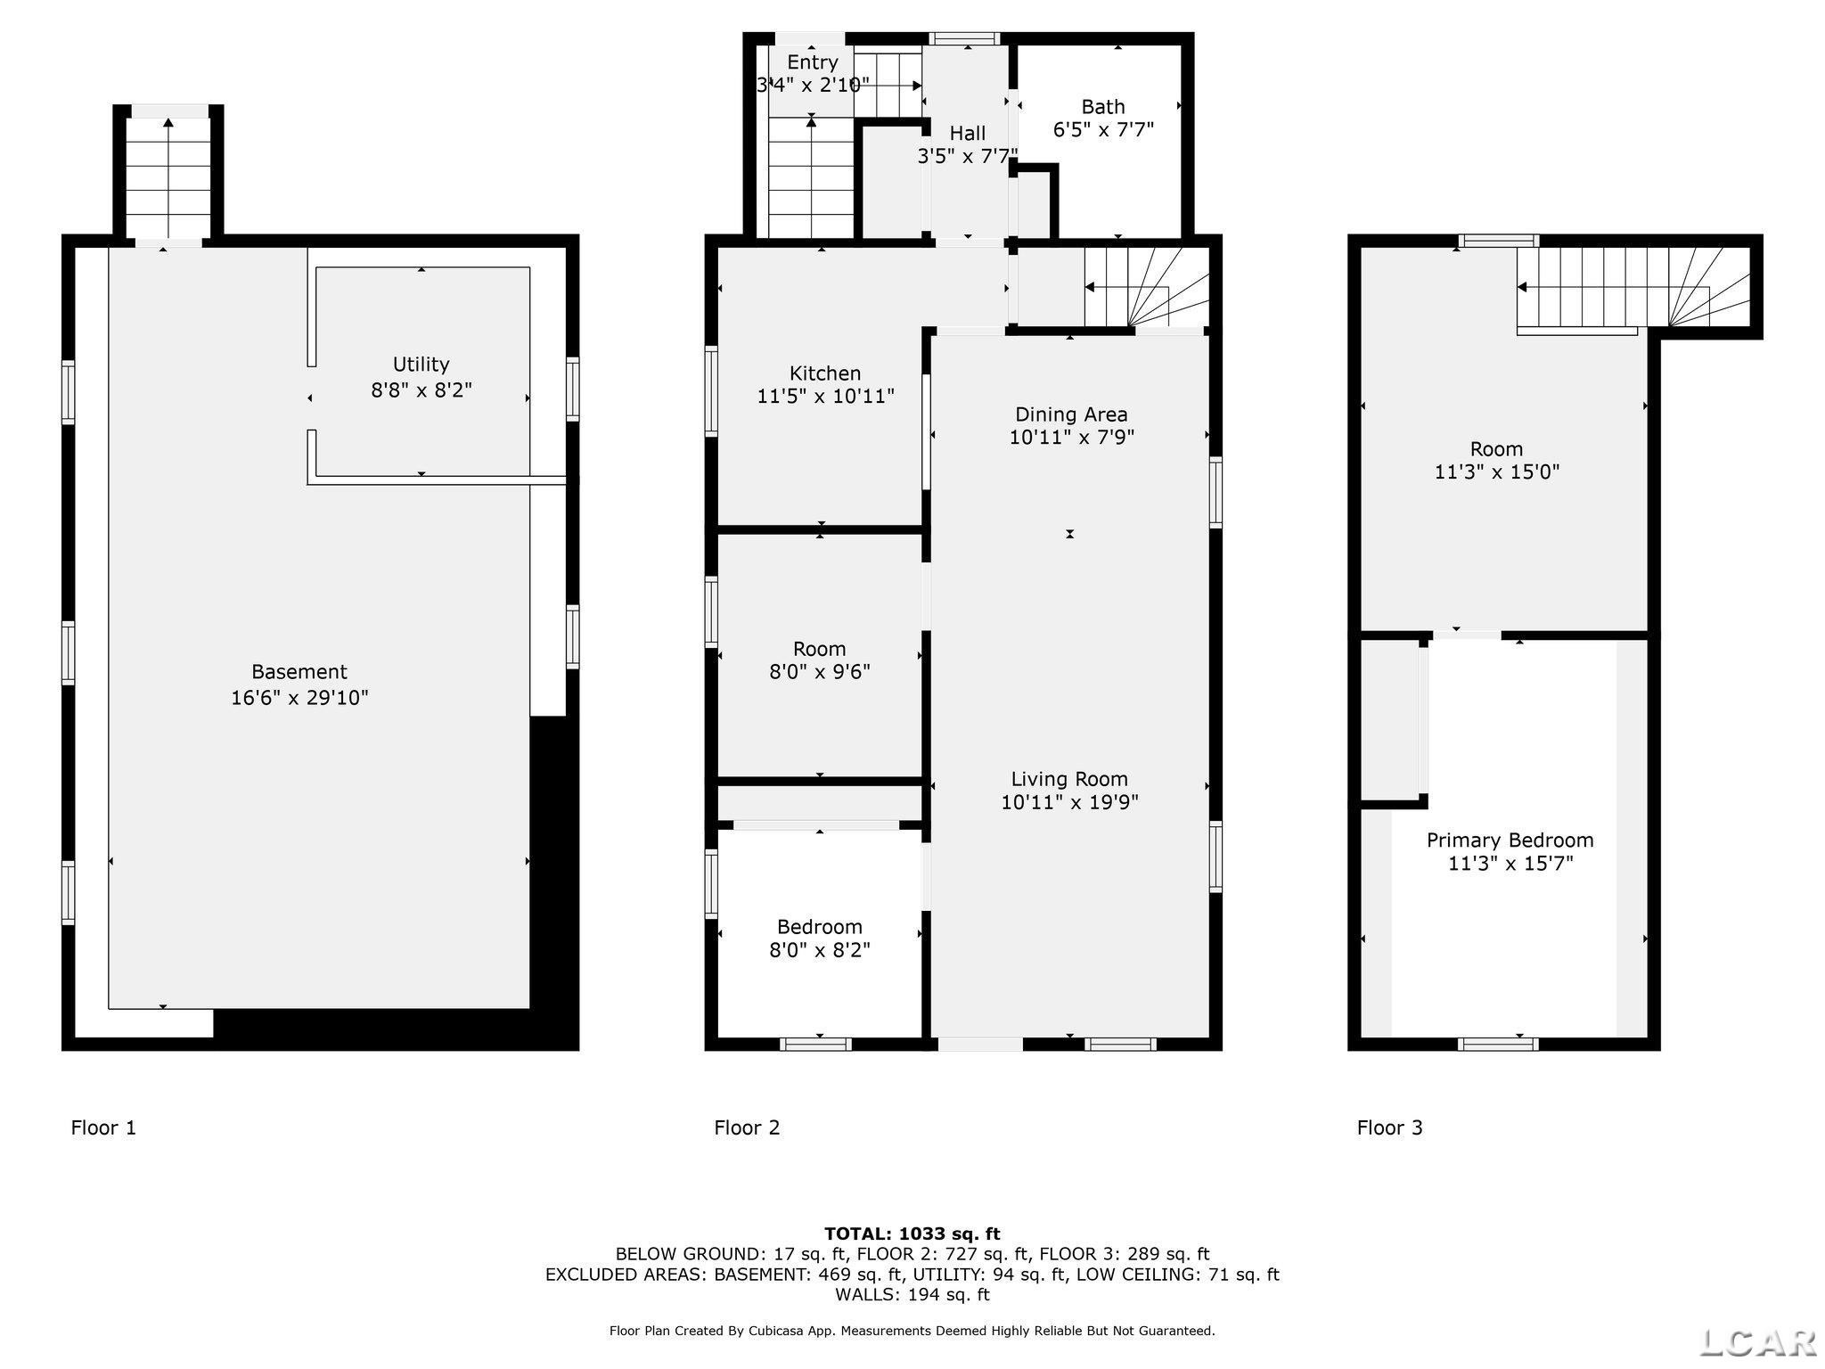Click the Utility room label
coord(421,365)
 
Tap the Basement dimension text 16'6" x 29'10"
coord(299,697)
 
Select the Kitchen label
coord(825,373)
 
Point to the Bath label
coord(1103,107)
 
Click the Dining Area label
coord(1071,414)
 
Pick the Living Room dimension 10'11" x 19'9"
coord(1069,802)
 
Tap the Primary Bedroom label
coord(1510,840)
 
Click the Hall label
coord(967,134)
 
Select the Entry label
coord(812,62)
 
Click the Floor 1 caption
coord(103,1128)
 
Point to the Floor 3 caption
coord(1389,1128)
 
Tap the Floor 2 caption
coord(747,1128)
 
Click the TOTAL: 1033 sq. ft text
coord(912,1234)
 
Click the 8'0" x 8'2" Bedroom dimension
coord(820,950)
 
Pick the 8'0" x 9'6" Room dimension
coord(820,672)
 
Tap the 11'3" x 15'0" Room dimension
coord(1496,472)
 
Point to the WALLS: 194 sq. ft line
coord(912,1294)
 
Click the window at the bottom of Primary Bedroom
coord(1498,1044)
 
